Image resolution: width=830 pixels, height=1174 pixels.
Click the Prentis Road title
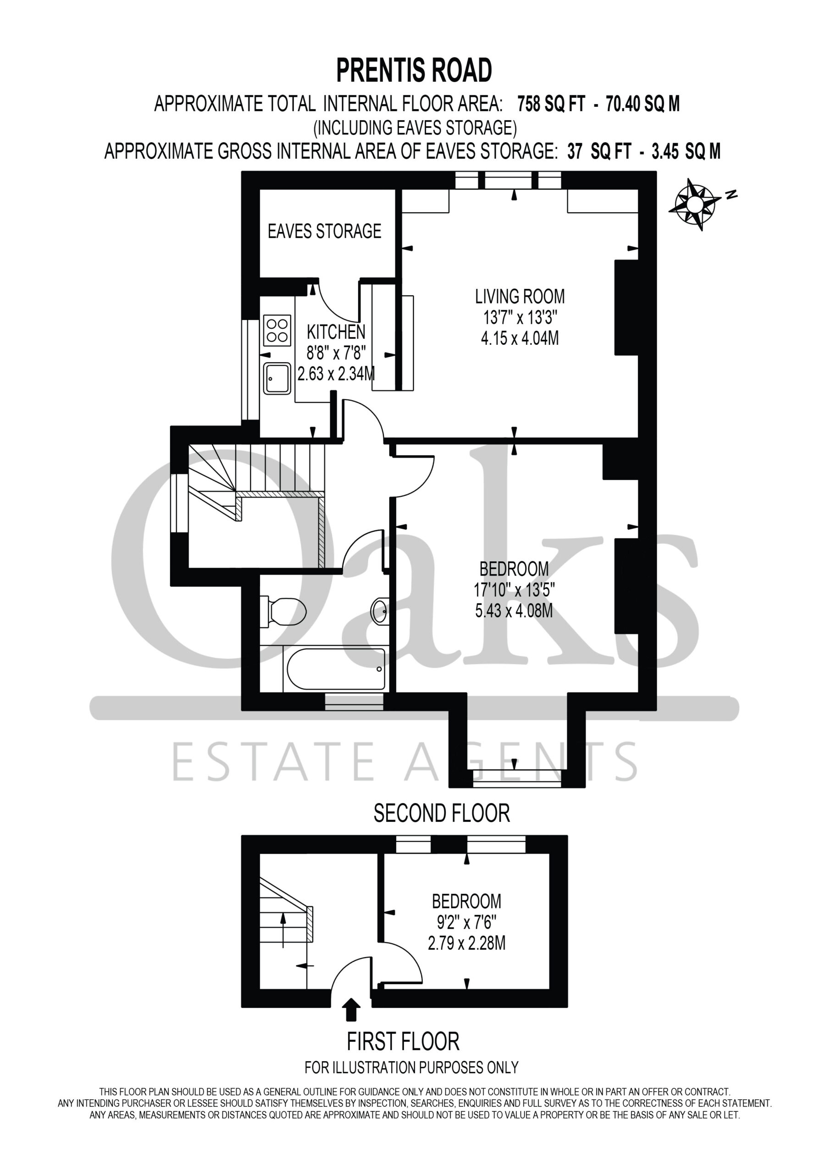414,71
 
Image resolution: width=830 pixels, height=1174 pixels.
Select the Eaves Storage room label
325,231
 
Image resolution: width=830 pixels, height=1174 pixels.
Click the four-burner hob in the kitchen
277,330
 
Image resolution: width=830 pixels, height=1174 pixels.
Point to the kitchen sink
277,378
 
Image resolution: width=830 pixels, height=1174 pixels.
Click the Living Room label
520,297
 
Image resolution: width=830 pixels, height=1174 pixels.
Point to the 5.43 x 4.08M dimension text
514,611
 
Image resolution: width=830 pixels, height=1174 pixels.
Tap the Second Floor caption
442,814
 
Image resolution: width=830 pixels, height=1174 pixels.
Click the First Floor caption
404,1041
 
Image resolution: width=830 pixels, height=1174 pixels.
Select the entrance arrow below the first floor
351,1010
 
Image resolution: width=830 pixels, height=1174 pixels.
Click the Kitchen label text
336,332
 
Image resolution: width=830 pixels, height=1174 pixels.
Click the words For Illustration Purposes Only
412,1068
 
